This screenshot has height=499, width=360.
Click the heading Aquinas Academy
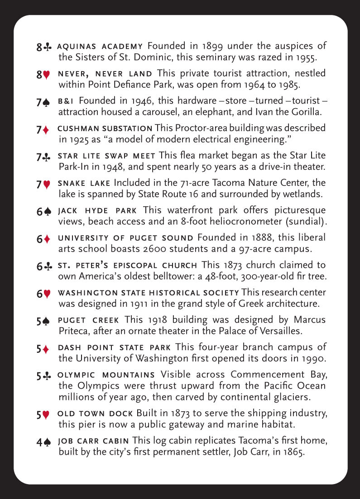101,47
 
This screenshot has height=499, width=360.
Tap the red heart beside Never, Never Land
47,75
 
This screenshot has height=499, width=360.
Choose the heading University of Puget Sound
126,238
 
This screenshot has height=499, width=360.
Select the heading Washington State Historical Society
149,293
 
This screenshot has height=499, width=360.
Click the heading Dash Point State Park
115,348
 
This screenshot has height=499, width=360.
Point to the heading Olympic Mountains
106,375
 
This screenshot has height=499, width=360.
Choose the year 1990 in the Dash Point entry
314,359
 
